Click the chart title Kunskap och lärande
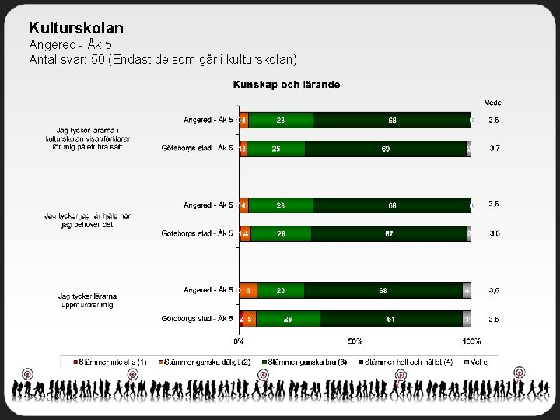286,84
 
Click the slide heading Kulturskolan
75,28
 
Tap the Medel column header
493,103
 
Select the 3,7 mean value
493,148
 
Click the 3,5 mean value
493,319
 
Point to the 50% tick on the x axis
355,341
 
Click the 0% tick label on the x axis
239,341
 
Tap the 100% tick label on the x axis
471,341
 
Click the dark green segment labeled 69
386,149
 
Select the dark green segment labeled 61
391,319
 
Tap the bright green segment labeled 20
280,290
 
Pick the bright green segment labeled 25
276,149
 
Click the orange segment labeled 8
247,290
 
